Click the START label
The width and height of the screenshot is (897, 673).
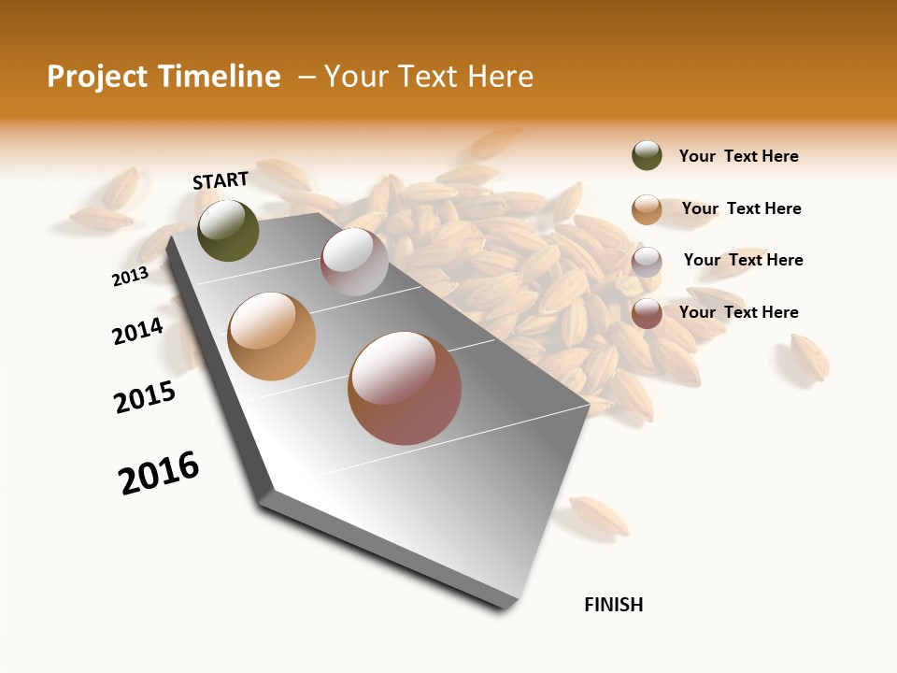coord(221,180)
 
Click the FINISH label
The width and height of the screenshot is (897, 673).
coord(613,605)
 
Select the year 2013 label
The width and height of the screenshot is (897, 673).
coord(130,277)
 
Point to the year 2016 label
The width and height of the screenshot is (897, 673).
coord(159,473)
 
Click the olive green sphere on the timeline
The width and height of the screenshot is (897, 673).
coord(228,230)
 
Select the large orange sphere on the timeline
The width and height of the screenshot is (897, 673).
coord(272,336)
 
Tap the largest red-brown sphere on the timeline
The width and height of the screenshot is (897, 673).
coord(405,388)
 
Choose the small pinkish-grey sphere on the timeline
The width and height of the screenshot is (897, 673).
coord(354,262)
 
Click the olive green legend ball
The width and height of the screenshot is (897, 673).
coord(647,156)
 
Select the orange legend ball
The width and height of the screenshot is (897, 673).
coord(647,209)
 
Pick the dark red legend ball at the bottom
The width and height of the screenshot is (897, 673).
coord(647,313)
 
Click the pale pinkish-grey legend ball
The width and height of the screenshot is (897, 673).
coord(647,262)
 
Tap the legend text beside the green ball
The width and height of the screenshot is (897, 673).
coord(738,156)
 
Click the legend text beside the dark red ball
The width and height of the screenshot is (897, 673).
coord(738,312)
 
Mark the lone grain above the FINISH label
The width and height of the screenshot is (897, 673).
coord(599,515)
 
